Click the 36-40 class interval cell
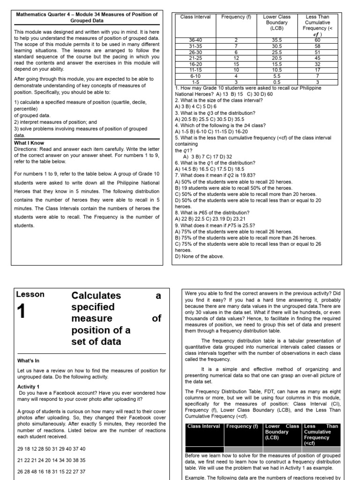pyautogui.click(x=195, y=40)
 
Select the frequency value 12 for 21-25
pyautogui.click(x=236, y=58)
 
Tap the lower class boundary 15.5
pyautogui.click(x=277, y=64)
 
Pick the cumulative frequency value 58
pyautogui.click(x=317, y=46)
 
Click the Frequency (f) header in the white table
pyautogui.click(x=236, y=17)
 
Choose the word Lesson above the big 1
pyautogui.click(x=30, y=295)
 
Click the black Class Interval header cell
pyautogui.click(x=204, y=427)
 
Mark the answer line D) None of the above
pyautogui.click(x=199, y=256)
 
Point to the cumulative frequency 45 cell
pyautogui.click(x=317, y=58)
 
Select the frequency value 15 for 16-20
pyautogui.click(x=236, y=64)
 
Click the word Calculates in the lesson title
pyautogui.click(x=96, y=296)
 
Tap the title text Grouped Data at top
pyautogui.click(x=87, y=21)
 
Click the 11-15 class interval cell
pyautogui.click(x=195, y=69)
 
